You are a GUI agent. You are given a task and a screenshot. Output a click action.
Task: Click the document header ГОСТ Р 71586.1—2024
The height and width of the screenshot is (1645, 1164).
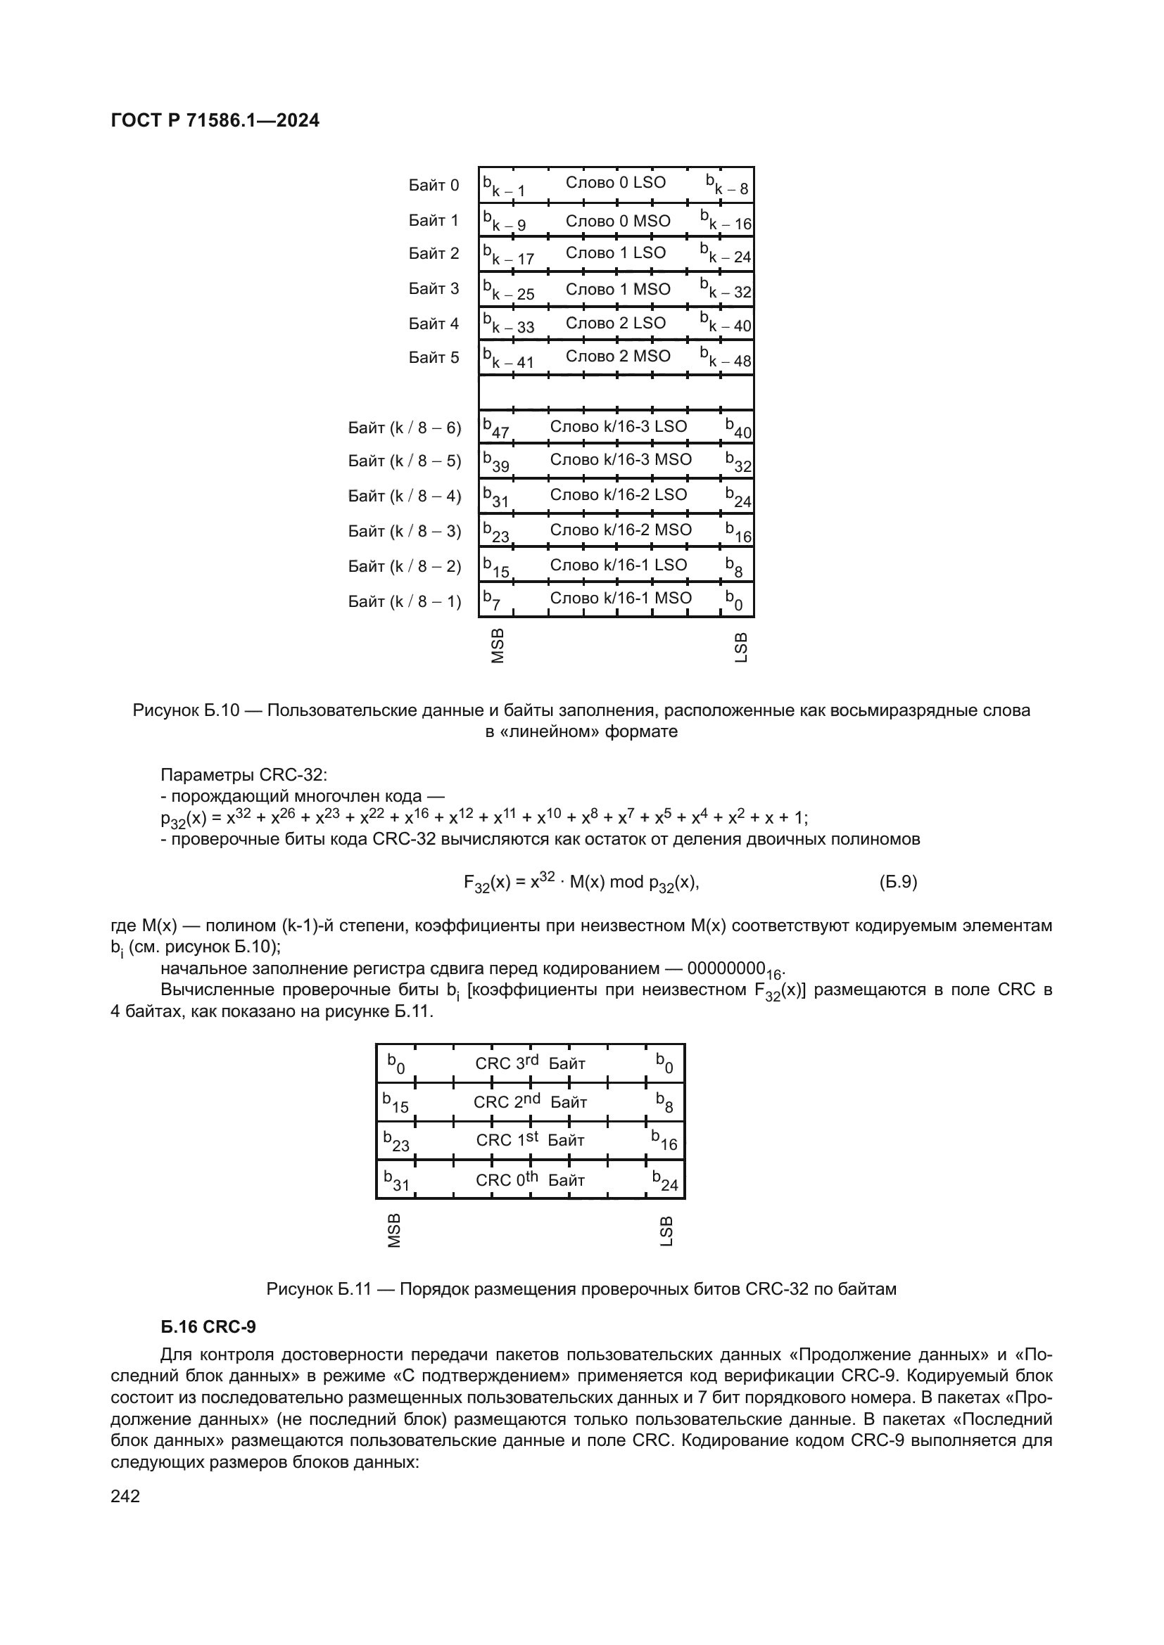pos(215,120)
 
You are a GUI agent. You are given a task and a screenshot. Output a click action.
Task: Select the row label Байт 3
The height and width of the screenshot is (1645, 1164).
pos(434,289)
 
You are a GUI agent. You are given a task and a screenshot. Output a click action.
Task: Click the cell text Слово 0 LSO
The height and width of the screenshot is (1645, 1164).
pos(615,183)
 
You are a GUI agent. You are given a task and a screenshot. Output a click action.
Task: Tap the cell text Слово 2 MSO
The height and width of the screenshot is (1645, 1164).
pos(618,356)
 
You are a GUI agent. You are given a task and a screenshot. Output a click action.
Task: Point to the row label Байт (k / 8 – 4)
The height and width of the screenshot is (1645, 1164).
pos(404,496)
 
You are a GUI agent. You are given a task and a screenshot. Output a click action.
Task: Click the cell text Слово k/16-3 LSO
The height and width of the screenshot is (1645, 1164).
pos(618,426)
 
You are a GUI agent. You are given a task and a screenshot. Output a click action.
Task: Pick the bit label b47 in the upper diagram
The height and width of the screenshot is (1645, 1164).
pos(495,428)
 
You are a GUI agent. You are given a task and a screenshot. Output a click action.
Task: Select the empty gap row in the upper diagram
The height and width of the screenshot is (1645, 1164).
pos(616,392)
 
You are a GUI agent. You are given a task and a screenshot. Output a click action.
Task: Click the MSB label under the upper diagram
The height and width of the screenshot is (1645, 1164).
pos(498,646)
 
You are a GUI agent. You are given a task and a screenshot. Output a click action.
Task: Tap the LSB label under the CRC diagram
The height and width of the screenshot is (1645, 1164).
pos(666,1231)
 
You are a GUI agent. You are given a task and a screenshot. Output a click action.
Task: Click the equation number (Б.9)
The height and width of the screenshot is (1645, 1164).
pos(898,882)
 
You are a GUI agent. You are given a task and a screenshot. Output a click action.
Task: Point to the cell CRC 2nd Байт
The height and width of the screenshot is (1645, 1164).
pos(530,1102)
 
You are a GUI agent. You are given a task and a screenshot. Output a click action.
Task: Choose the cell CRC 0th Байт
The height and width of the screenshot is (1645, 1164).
pos(530,1180)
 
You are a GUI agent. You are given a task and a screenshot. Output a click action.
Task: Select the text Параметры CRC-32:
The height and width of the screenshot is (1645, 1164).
pos(243,775)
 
